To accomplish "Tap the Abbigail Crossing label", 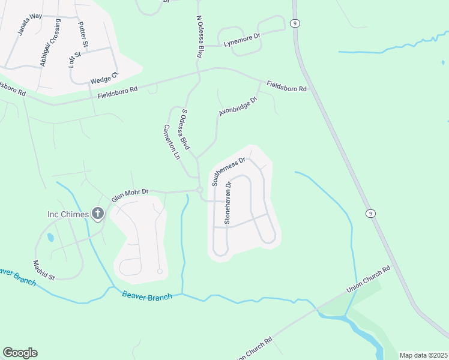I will coord(50,43).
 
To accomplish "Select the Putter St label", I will coord(83,35).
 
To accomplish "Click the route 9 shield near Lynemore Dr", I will coord(294,23).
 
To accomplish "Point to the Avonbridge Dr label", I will coord(237,106).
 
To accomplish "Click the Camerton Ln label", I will coord(171,142).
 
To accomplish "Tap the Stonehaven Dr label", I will coord(228,203).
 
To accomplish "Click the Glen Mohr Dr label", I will coord(130,194).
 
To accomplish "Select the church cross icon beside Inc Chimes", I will coord(98,213).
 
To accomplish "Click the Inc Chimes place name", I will coord(68,214).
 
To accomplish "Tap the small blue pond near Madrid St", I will coord(50,238).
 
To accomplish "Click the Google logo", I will coord(20,353).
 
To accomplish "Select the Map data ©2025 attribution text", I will coord(423,355).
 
